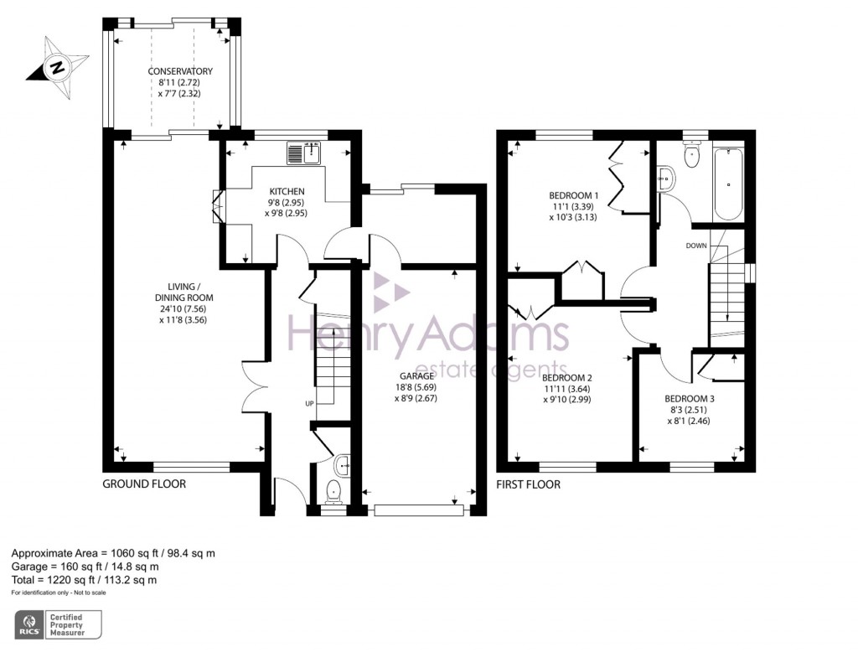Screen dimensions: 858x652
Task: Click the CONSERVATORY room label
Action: [x=180, y=71]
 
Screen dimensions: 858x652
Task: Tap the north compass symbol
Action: [x=58, y=67]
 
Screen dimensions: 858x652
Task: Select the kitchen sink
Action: [x=303, y=153]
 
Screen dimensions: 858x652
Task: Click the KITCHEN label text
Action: [x=287, y=192]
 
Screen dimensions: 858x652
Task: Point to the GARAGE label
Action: [x=416, y=376]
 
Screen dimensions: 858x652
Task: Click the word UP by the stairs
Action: [x=310, y=403]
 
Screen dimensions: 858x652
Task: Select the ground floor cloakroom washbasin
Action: [x=342, y=466]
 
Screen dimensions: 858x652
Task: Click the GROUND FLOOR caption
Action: [x=144, y=484]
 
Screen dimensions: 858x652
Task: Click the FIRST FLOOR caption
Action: [x=528, y=484]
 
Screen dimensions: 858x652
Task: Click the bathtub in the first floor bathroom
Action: [x=728, y=183]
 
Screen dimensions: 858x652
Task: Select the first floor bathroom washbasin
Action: [x=666, y=179]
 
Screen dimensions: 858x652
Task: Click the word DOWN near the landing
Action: [x=696, y=246]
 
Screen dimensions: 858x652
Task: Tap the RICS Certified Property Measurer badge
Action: [x=58, y=624]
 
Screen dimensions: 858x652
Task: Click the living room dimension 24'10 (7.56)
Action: [x=183, y=309]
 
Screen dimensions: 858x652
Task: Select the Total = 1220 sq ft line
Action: [x=85, y=580]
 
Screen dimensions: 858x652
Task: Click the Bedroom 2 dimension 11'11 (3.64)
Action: [x=567, y=389]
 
